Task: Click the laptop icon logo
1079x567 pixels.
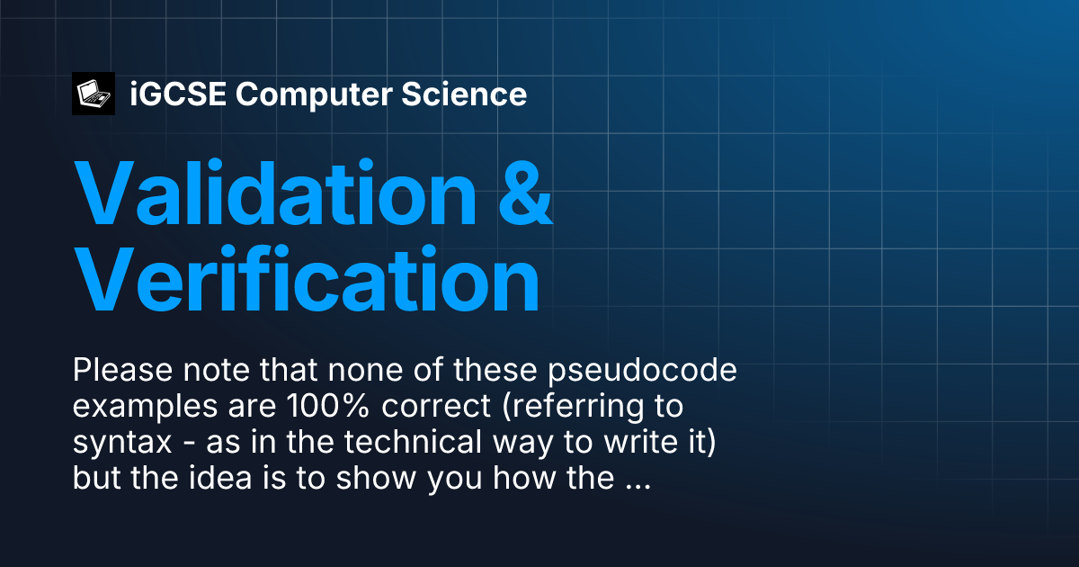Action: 94,94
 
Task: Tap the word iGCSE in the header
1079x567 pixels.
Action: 178,94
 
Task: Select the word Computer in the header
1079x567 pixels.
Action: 314,94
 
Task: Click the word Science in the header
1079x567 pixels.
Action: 464,94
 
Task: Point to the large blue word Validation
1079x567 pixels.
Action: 275,193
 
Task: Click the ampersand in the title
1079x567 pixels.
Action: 525,193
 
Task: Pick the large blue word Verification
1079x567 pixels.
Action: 307,279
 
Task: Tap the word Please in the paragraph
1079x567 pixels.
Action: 123,370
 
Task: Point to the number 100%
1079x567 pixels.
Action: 328,406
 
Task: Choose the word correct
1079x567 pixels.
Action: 436,407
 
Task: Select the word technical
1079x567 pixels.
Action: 413,442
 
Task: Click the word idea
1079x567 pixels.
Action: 220,478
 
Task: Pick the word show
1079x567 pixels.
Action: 376,478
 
